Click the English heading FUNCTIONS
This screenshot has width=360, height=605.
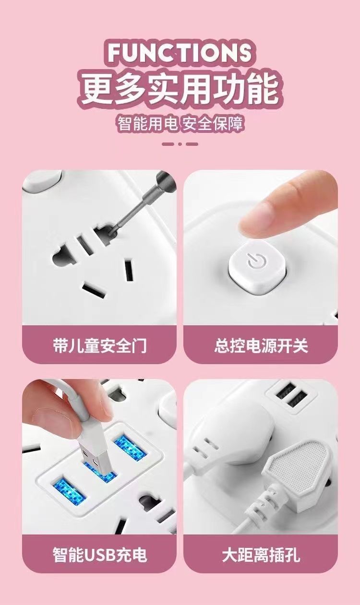coord(180,52)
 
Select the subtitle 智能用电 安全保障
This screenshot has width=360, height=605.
coord(180,124)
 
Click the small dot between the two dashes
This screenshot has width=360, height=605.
coord(180,144)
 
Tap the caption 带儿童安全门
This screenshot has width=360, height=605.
coord(99,345)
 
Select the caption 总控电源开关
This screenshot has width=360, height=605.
coord(261,345)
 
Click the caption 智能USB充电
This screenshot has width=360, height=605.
coord(99,555)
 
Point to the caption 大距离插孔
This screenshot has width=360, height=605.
coord(261,555)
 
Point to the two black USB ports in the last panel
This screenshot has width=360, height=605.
coord(291,395)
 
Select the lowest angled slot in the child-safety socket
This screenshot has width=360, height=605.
coord(94,289)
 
